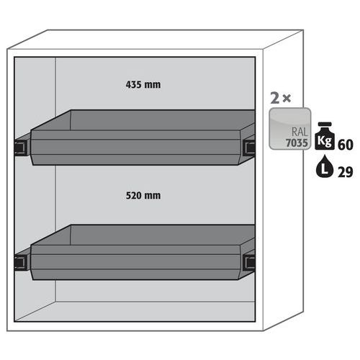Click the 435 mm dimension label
click(x=143, y=85)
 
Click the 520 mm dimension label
click(x=143, y=195)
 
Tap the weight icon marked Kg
click(x=325, y=136)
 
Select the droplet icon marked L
click(x=325, y=166)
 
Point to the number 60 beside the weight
click(x=346, y=145)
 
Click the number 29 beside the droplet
click(x=346, y=172)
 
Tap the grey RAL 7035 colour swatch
click(x=290, y=129)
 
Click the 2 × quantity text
click(x=281, y=98)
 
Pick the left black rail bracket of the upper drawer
click(x=22, y=148)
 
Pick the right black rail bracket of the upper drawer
click(x=250, y=147)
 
